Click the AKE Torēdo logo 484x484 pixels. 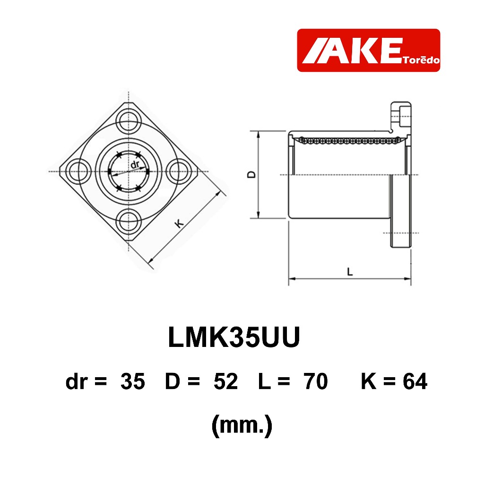368,50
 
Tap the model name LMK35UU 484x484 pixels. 234,337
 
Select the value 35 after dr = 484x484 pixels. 133,381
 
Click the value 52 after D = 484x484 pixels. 225,381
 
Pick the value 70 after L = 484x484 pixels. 315,381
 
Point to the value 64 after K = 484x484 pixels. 415,381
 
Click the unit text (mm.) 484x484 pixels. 242,426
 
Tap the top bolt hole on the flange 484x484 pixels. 129,121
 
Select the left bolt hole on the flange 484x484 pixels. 78,172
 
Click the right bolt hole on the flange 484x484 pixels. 178,172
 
